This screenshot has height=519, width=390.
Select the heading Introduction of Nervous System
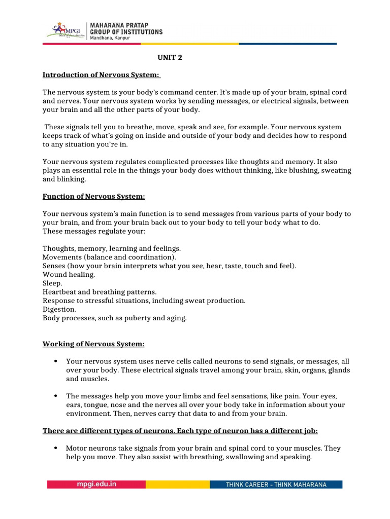click(101, 76)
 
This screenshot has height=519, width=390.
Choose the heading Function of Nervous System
click(93, 196)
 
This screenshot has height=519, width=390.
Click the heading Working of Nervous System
click(93, 344)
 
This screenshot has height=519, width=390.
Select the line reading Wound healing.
click(69, 274)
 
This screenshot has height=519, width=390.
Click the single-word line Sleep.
click(52, 283)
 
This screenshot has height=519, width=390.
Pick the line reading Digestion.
click(59, 309)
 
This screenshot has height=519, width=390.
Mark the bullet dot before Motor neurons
click(55, 449)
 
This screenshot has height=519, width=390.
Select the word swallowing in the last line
click(240, 457)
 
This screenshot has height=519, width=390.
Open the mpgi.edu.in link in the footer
click(96, 484)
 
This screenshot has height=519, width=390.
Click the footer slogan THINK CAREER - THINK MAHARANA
click(276, 485)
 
